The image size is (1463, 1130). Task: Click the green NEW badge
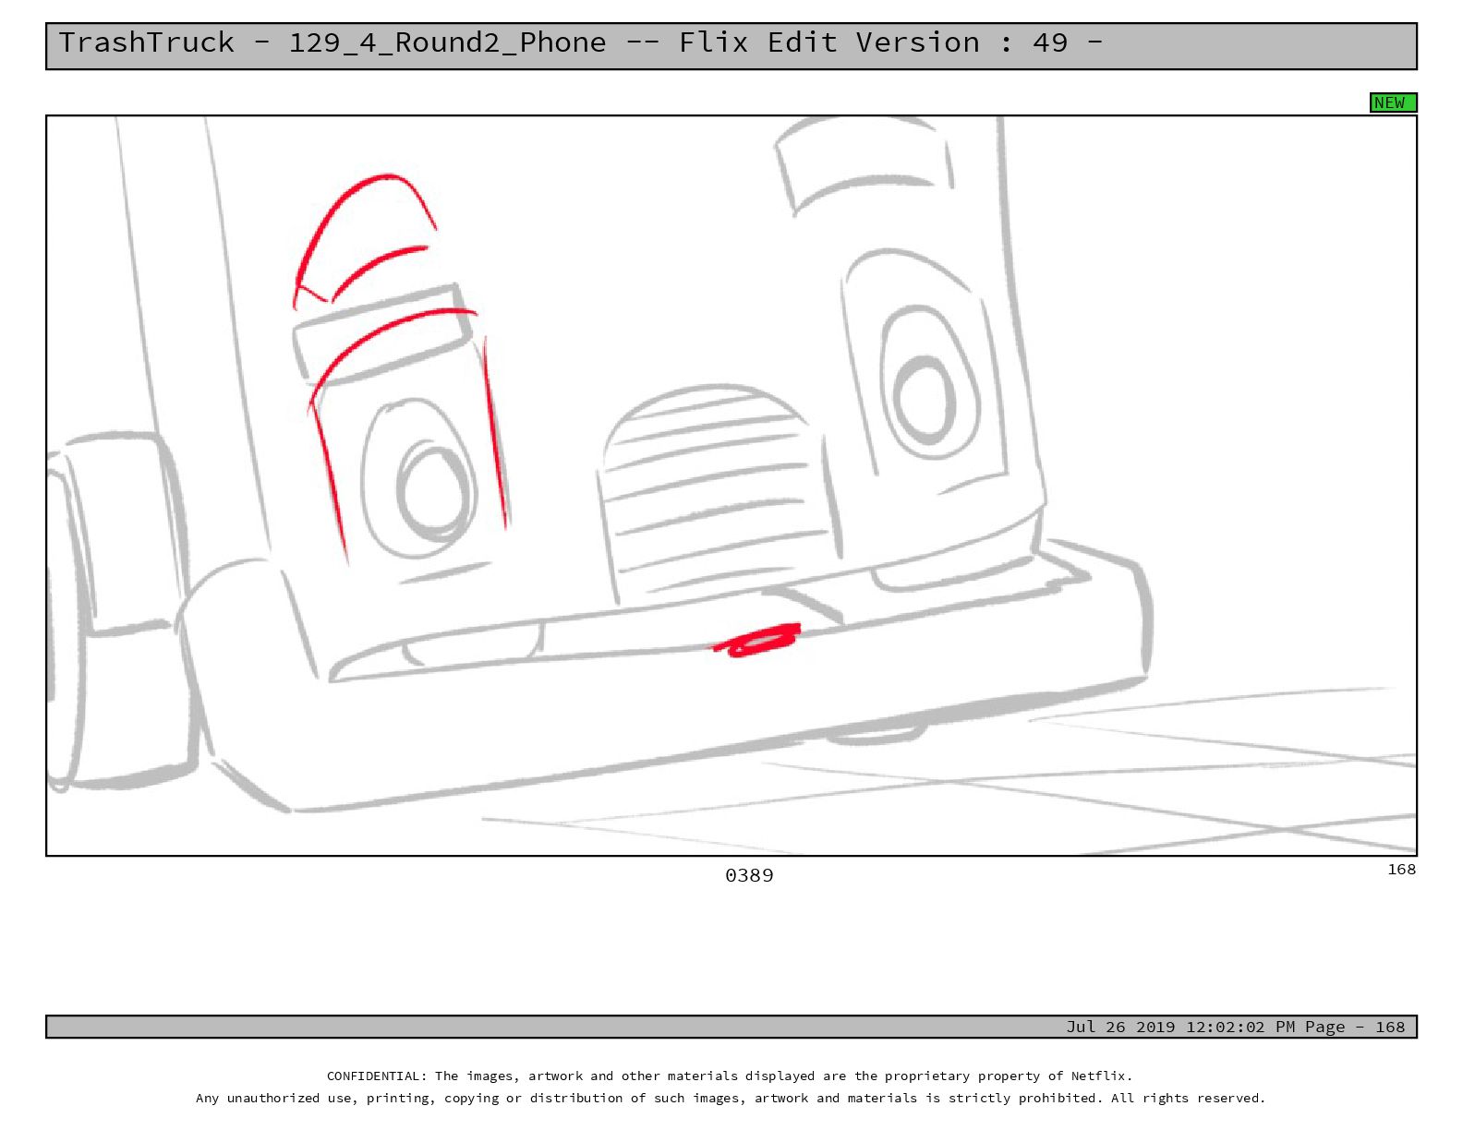[x=1393, y=102]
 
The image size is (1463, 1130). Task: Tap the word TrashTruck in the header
[x=146, y=43]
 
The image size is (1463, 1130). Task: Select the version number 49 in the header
[x=1049, y=43]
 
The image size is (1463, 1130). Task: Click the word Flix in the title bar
[x=713, y=43]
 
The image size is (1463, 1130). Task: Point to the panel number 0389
[x=749, y=875]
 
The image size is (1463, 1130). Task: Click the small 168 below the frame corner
[x=1402, y=870]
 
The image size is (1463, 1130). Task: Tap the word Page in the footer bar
[x=1325, y=1027]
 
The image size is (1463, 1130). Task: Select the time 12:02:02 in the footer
[x=1227, y=1027]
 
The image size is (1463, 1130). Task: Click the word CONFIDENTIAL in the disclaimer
[x=376, y=1076]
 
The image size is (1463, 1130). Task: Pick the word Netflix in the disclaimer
[x=1102, y=1076]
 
